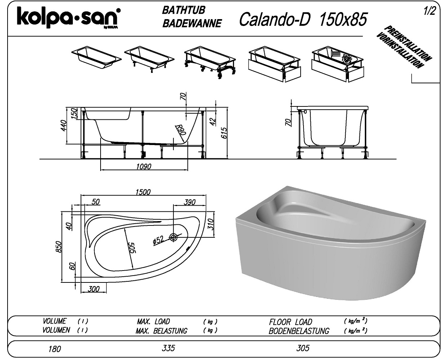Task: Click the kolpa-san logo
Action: [x=68, y=18]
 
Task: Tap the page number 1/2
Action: [x=430, y=11]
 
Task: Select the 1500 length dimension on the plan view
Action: [x=143, y=192]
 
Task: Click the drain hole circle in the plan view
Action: [x=174, y=237]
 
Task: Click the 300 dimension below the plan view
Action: [x=93, y=289]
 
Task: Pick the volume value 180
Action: [x=54, y=349]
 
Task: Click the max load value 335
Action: [x=168, y=348]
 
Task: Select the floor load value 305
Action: [x=303, y=348]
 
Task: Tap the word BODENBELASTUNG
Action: [x=299, y=331]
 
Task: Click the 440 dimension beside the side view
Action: [x=65, y=126]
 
